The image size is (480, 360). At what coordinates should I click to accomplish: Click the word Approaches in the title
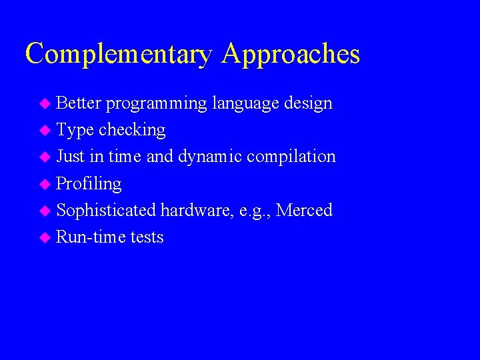[291, 54]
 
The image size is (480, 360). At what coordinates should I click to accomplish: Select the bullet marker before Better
[45, 104]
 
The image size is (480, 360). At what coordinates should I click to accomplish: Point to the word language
[245, 104]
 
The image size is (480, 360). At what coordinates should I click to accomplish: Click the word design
[308, 103]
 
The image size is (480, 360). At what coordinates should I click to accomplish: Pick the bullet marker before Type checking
[45, 131]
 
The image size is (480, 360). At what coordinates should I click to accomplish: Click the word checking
[132, 130]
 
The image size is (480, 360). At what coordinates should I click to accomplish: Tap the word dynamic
[210, 157]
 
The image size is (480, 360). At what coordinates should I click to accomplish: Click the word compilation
[291, 157]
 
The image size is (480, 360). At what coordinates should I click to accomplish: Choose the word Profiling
[89, 184]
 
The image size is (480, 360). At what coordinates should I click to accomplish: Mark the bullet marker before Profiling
[45, 184]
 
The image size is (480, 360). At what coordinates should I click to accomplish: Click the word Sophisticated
[106, 211]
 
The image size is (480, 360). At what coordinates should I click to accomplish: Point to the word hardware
[193, 211]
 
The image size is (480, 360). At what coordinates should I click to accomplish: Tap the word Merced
[304, 211]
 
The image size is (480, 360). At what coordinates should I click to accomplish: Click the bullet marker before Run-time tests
[45, 238]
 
